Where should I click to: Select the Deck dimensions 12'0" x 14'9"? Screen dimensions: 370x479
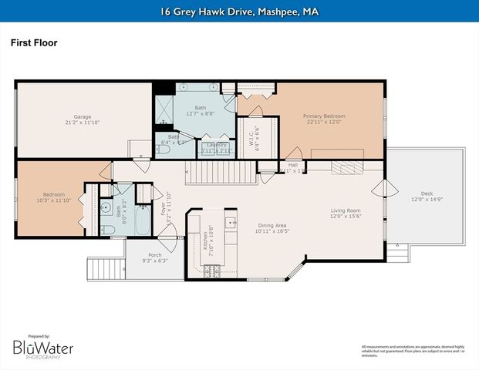pyautogui.click(x=427, y=200)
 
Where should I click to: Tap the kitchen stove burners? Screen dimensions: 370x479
pyautogui.click(x=211, y=270)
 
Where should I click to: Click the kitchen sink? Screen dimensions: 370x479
pyautogui.click(x=230, y=224)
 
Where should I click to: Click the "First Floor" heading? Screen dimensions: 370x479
pyautogui.click(x=34, y=43)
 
